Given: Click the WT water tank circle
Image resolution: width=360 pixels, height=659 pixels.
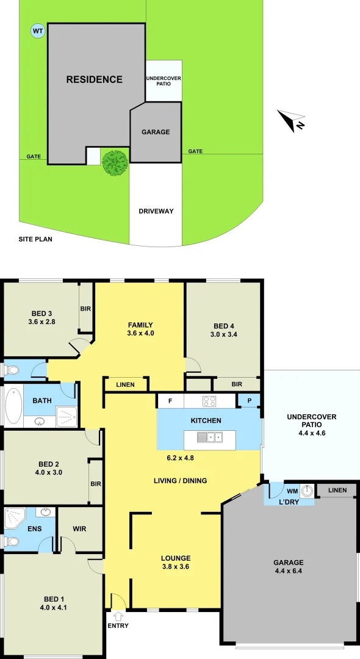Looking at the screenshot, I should pyautogui.click(x=38, y=31).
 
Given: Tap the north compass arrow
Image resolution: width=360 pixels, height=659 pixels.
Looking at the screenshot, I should pyautogui.click(x=290, y=120).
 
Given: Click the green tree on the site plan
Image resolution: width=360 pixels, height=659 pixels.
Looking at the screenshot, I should pyautogui.click(x=114, y=162).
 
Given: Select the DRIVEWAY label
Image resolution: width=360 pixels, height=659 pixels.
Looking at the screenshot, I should pyautogui.click(x=156, y=211).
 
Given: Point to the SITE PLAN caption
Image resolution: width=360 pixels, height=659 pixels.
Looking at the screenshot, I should pyautogui.click(x=35, y=239).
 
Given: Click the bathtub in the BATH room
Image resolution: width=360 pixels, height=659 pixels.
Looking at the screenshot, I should pyautogui.click(x=12, y=406).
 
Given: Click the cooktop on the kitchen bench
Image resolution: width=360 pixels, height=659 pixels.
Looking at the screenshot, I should pyautogui.click(x=209, y=401).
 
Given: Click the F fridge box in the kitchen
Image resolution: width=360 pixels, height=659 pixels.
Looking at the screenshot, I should pyautogui.click(x=170, y=401).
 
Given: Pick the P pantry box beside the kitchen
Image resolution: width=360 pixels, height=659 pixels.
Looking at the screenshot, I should pyautogui.click(x=249, y=401).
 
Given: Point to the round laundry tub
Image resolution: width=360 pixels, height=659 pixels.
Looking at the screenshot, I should pyautogui.click(x=308, y=491).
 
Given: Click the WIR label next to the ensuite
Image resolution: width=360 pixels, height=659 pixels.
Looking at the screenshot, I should pyautogui.click(x=79, y=529).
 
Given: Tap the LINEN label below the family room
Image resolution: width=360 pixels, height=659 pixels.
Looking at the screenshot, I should pyautogui.click(x=126, y=384).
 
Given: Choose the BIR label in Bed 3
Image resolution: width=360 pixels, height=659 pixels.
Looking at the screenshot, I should pyautogui.click(x=85, y=308).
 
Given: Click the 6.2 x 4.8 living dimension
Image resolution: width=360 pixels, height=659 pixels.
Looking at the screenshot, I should pyautogui.click(x=181, y=457).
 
